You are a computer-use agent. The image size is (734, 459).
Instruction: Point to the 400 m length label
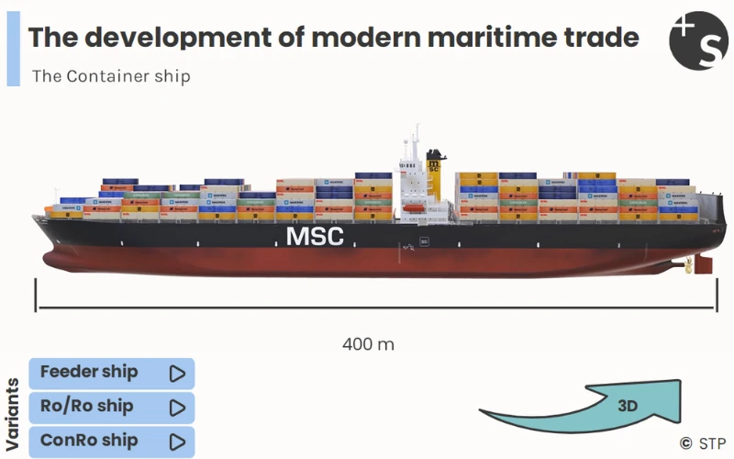(x=368, y=344)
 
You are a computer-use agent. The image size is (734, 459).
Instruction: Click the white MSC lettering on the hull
(x=315, y=236)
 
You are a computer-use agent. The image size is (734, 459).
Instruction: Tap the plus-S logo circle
(x=698, y=40)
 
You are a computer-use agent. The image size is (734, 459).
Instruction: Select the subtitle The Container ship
(x=111, y=76)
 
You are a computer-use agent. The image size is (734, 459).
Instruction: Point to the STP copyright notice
(x=702, y=443)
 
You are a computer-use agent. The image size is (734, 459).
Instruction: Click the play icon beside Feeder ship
(x=177, y=373)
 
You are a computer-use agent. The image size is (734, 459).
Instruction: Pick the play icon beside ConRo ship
(x=177, y=441)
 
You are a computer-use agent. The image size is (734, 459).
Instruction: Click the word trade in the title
(x=601, y=38)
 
